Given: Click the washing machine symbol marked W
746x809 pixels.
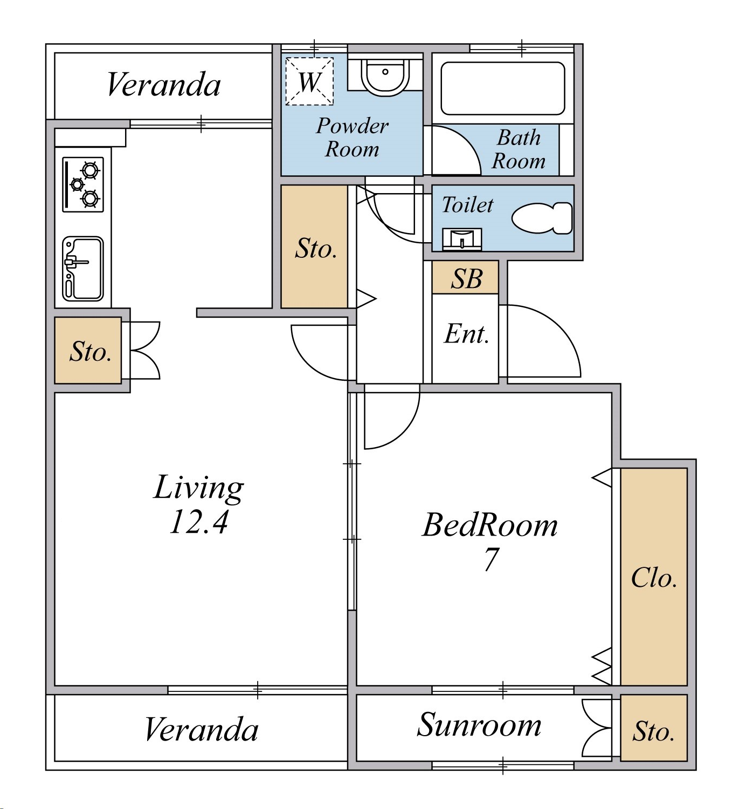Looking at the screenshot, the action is click(x=309, y=81).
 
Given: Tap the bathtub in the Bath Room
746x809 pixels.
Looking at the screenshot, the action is click(x=502, y=88).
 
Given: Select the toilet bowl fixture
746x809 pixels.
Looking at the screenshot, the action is click(x=542, y=218).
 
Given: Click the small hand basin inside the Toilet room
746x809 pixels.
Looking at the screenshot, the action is click(x=462, y=239).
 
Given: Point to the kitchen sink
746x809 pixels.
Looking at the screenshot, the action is click(x=82, y=269).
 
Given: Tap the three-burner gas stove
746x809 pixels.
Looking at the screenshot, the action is click(x=82, y=184).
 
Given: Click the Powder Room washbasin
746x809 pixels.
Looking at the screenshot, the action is click(x=385, y=78).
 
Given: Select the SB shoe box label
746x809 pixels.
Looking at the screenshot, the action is click(x=466, y=279).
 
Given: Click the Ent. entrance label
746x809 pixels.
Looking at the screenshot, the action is click(x=466, y=334).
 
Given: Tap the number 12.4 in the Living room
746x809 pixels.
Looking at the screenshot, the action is click(x=199, y=523).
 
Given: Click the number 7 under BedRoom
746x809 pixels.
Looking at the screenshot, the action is click(x=491, y=559).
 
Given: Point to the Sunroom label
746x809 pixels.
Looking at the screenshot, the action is click(x=479, y=725).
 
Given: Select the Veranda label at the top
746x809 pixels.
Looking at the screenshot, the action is click(x=163, y=85).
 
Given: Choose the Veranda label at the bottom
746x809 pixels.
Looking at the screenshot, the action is click(x=201, y=730).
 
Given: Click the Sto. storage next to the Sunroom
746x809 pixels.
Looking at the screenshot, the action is click(x=654, y=728).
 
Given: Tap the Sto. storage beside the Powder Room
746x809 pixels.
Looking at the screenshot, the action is click(x=314, y=247).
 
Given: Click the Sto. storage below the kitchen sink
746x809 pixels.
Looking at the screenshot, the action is click(x=88, y=351).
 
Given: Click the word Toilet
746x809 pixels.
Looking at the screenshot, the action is click(x=467, y=204).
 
